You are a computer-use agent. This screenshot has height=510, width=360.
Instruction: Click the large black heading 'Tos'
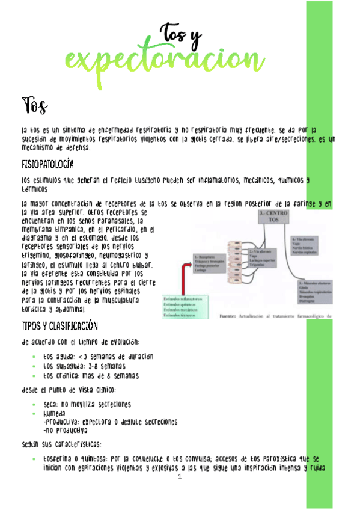coord(34,106)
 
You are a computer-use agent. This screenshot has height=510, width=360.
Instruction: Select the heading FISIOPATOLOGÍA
coord(47,164)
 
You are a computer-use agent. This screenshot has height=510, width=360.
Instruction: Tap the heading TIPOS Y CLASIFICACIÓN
coord(59,327)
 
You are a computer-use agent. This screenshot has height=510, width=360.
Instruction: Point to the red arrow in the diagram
coord(180,277)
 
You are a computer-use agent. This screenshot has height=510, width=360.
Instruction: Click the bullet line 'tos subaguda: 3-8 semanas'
coord(84,366)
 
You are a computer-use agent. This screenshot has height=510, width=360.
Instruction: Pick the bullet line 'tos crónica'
coord(91,375)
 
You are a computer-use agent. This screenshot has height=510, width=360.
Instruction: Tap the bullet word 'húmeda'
coord(54,414)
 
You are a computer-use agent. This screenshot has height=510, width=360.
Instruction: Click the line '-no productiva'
coord(66,431)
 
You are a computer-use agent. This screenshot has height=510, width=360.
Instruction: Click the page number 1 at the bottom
coord(180,477)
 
